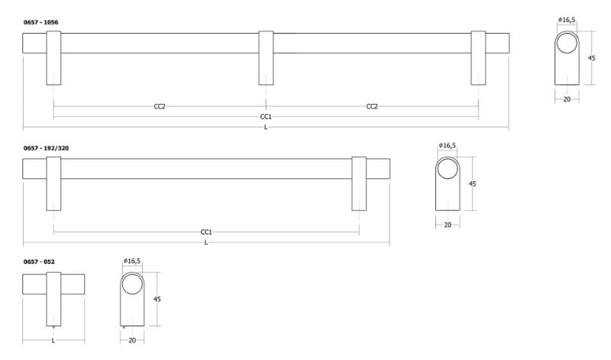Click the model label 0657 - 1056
click(x=41, y=22)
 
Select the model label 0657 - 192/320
click(x=46, y=148)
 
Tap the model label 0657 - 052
click(x=39, y=261)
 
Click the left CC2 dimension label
click(x=160, y=106)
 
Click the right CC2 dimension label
click(x=372, y=106)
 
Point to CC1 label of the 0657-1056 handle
click(x=266, y=117)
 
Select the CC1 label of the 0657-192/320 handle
click(x=206, y=232)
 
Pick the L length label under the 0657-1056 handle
click(x=266, y=127)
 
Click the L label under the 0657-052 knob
click(x=53, y=340)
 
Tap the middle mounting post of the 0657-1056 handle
click(x=266, y=58)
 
